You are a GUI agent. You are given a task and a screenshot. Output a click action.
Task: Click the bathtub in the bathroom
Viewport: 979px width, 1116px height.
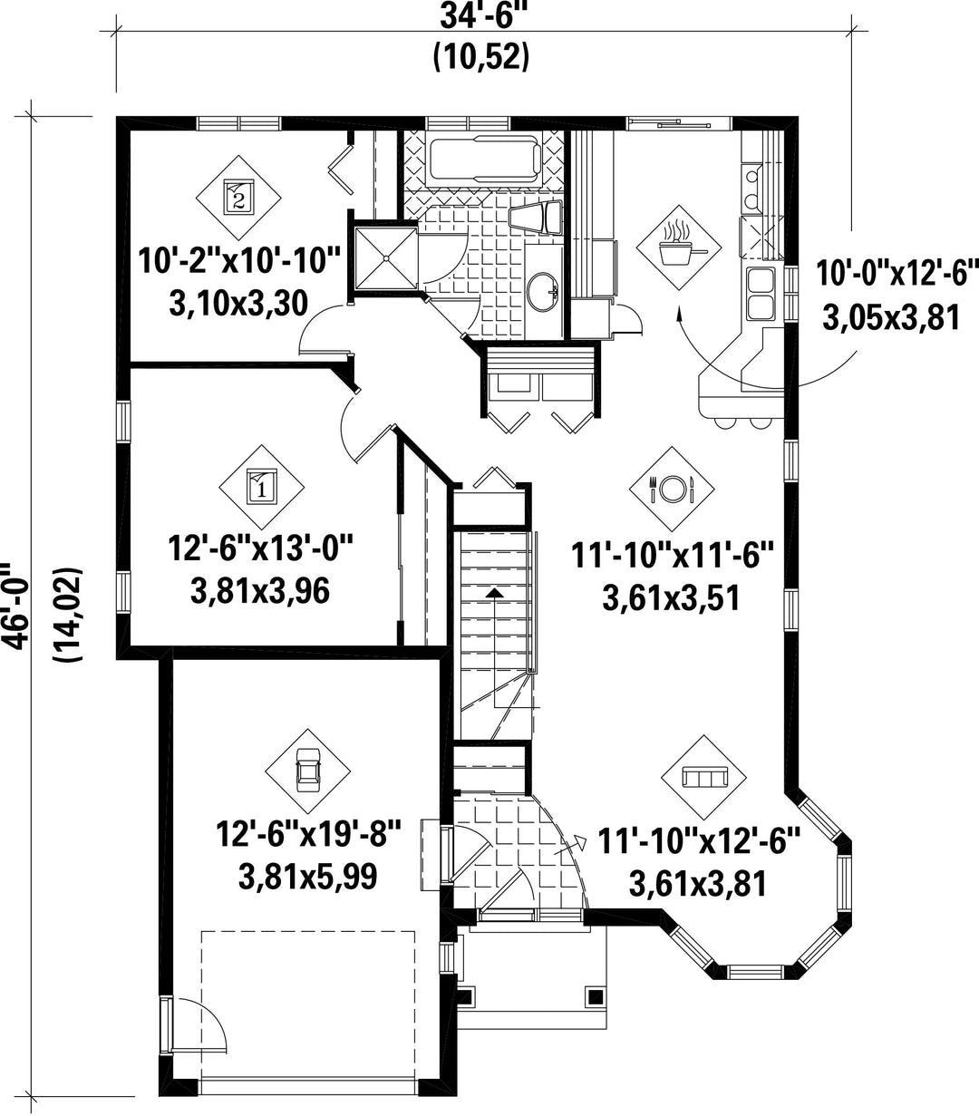(x=484, y=158)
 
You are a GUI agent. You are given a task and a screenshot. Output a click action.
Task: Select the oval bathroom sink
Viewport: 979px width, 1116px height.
(x=542, y=292)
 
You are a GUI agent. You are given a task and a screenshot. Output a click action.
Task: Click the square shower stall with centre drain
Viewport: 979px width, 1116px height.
(x=385, y=257)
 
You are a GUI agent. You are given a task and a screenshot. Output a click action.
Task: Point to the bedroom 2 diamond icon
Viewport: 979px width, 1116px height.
(x=238, y=198)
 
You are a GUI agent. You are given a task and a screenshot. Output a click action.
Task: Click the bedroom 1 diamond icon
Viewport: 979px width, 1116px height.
(x=262, y=487)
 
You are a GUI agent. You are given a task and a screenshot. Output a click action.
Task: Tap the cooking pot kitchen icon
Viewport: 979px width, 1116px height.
(x=678, y=247)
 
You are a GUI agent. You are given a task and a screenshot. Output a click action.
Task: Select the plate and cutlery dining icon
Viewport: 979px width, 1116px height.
(x=672, y=488)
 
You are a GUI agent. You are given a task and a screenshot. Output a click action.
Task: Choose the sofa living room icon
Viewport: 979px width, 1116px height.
(x=704, y=777)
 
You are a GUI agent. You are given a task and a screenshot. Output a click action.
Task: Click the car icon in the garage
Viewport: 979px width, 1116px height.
(x=307, y=771)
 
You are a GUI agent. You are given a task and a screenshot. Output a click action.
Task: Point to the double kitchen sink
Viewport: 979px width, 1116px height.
(x=761, y=294)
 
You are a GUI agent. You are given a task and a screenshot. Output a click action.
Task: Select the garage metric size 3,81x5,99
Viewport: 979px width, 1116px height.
(x=308, y=877)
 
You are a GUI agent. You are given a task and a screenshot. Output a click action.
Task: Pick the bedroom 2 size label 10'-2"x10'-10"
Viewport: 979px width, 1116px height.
(x=239, y=261)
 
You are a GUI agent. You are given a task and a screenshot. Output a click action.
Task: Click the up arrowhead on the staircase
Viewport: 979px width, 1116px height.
(x=495, y=592)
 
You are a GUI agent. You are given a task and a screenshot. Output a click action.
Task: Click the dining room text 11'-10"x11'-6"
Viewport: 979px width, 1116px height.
(x=672, y=555)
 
